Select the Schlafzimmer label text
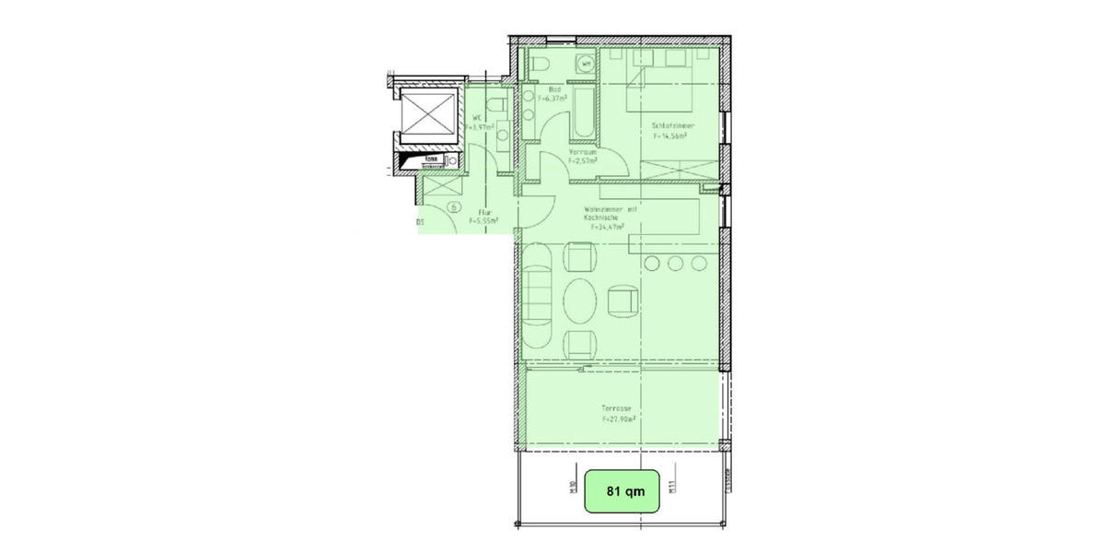(x=673, y=125)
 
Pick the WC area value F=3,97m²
(x=482, y=127)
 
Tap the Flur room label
(x=483, y=212)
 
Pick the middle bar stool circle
(x=676, y=265)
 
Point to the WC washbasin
(x=501, y=136)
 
